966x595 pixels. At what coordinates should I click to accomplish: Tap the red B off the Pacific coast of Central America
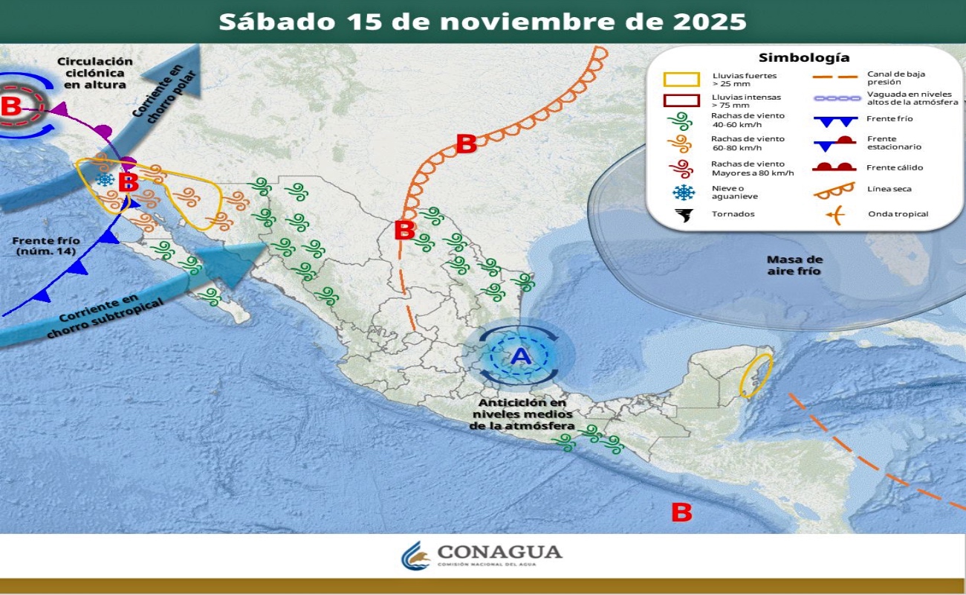[681, 512]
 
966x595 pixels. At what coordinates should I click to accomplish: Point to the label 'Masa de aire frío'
[794, 266]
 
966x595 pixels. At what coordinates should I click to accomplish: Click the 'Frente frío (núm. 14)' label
[46, 246]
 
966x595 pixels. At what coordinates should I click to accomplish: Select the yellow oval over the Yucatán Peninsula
[756, 375]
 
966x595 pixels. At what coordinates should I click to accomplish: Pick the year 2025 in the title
[710, 21]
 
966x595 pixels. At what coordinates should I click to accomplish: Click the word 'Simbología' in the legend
[804, 57]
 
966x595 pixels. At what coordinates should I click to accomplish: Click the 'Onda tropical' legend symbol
[835, 215]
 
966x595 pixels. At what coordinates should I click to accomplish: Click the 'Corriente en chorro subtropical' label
[93, 315]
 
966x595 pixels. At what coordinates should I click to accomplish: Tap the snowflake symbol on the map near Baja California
[106, 180]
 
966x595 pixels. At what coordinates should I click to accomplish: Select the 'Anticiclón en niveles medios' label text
[521, 414]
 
